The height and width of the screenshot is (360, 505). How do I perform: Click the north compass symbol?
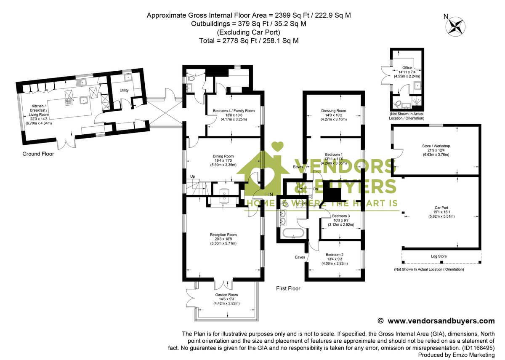click(455, 26)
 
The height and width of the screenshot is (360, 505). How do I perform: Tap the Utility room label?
click(124, 91)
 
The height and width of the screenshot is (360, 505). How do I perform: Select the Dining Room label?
click(223, 156)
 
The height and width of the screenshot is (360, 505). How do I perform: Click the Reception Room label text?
click(223, 235)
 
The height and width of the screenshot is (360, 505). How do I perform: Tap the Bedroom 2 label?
click(335, 255)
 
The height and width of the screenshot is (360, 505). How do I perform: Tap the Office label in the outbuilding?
click(407, 68)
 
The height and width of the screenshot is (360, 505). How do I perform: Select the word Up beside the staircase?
click(192, 176)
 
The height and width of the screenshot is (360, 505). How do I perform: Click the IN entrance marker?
click(271, 194)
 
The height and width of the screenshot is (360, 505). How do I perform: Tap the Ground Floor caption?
click(38, 154)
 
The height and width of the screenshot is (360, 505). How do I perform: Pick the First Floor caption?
click(288, 289)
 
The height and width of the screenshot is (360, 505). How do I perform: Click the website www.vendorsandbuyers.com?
click(441, 321)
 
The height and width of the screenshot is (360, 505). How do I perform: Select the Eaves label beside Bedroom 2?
click(300, 257)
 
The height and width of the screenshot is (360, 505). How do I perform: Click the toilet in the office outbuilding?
click(397, 104)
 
